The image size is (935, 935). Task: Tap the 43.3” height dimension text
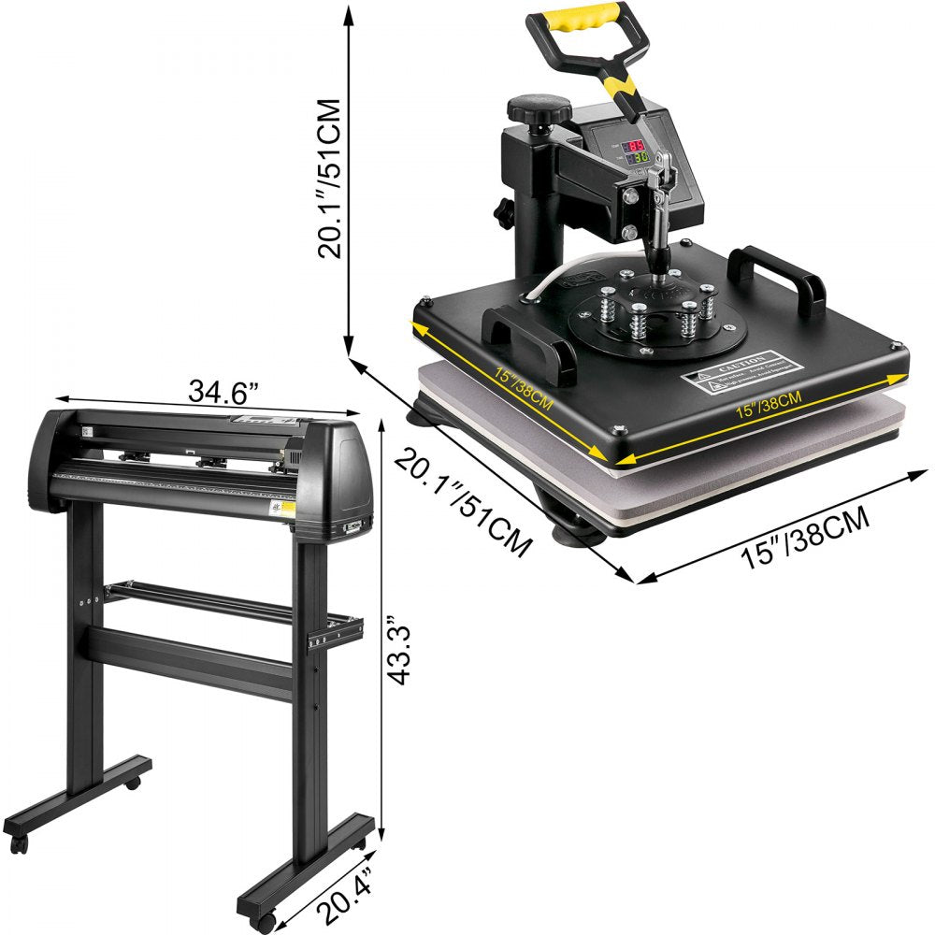point(400,651)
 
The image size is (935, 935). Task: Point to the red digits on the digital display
point(636,146)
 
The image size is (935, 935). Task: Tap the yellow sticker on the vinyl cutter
point(289,510)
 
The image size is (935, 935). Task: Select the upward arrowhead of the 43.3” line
point(381,424)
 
